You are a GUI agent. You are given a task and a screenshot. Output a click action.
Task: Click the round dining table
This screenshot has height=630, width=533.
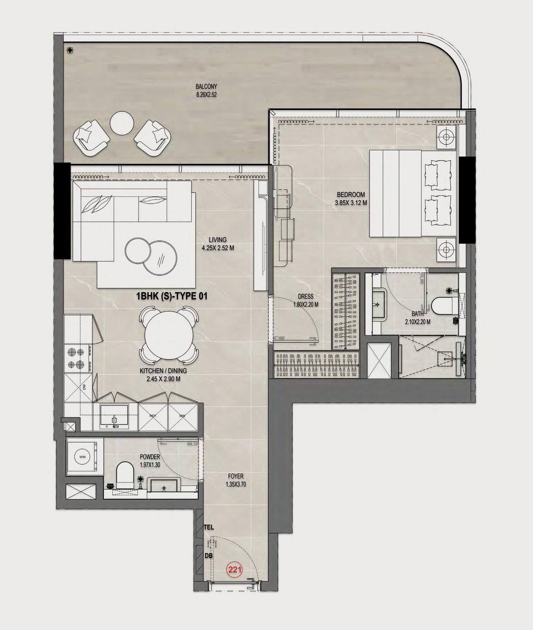[168, 335]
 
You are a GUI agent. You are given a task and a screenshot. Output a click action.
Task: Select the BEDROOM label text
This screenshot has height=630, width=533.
[351, 194]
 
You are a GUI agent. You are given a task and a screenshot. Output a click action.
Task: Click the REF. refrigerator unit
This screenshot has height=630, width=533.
[153, 416]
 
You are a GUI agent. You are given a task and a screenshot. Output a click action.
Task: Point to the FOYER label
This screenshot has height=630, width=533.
[236, 476]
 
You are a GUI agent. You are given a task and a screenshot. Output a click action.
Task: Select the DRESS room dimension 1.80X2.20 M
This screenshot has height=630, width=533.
[305, 304]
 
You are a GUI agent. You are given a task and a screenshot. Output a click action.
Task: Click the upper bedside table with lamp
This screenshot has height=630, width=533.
[446, 137]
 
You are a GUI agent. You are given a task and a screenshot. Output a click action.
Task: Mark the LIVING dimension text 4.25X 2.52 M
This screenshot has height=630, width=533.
[218, 248]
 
